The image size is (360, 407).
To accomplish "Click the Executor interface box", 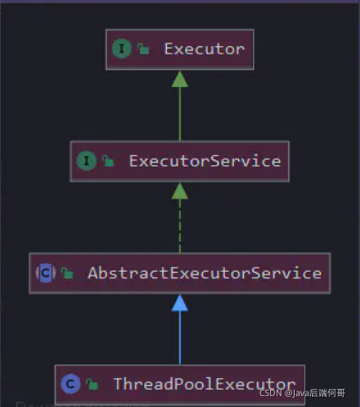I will (180, 49).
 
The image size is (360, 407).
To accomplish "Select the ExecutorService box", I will (180, 161).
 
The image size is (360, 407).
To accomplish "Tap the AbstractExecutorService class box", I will (180, 272).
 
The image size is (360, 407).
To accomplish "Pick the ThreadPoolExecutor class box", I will (180, 384).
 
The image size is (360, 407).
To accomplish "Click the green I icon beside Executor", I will (122, 49).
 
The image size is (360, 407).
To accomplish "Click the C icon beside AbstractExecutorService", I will (45, 272).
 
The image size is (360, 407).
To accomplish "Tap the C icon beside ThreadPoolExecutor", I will (71, 384).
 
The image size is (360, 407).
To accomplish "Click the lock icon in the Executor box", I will (143, 50).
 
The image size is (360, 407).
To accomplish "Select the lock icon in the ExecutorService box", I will (108, 162).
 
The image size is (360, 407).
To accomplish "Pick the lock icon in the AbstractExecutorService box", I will (67, 273).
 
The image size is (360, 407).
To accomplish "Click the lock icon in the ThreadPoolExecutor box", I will (92, 385).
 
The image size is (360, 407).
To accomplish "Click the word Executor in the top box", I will (204, 49).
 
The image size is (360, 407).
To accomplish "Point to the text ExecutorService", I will (204, 161).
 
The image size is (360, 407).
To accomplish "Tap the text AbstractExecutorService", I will (204, 272).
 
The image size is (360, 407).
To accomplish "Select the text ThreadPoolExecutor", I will (204, 384).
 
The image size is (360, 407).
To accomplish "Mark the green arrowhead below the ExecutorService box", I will (180, 190).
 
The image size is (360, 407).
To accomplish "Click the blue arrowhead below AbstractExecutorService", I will (180, 302).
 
